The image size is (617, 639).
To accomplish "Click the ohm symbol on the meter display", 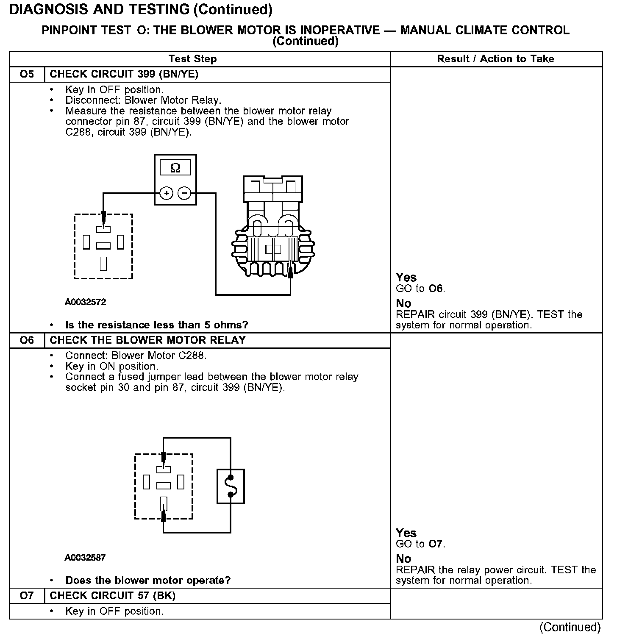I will [175, 168].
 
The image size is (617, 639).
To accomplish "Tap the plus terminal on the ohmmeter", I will [167, 194].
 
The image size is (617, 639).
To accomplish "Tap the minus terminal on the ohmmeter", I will [184, 194].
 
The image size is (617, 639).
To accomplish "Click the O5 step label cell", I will [27, 75].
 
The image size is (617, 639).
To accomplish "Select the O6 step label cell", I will [27, 340].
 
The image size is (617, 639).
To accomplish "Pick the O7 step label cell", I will [27, 596].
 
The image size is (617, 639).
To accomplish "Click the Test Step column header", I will [192, 59].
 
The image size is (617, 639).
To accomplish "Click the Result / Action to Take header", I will [495, 59].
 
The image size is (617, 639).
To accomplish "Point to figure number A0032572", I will [86, 302].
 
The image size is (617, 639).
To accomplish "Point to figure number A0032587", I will [85, 558].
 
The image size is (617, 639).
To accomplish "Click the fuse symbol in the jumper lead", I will [231, 486].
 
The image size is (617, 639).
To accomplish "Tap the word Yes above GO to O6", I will [406, 278].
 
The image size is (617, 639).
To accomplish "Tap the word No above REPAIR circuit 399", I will [403, 303].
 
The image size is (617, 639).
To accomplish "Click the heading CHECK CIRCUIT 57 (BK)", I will [112, 596].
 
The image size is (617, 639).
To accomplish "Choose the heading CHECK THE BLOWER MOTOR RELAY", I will [147, 340].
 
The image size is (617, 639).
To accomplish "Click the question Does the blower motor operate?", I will [148, 580].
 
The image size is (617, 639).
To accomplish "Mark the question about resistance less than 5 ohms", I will [156, 325].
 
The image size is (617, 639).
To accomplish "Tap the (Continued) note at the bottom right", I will [570, 627].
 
